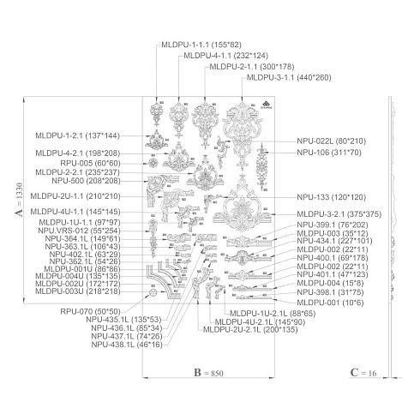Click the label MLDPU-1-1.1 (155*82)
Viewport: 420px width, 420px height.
click(x=201, y=45)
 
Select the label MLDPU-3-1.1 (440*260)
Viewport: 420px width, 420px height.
click(x=289, y=77)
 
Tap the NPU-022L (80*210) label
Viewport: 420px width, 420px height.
click(x=331, y=141)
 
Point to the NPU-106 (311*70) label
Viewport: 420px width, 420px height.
click(x=329, y=153)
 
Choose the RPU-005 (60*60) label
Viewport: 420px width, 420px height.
click(x=90, y=164)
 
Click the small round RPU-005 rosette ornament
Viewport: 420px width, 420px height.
click(x=153, y=163)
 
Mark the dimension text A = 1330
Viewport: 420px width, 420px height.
click(x=19, y=200)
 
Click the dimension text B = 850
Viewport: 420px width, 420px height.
click(x=208, y=373)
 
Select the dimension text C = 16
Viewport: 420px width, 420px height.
click(x=363, y=373)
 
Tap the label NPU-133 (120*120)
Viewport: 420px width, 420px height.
click(x=331, y=197)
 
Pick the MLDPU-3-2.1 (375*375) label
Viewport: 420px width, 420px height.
click(x=339, y=214)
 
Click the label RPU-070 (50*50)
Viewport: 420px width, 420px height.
click(x=90, y=311)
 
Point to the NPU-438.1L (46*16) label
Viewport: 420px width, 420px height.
click(x=127, y=345)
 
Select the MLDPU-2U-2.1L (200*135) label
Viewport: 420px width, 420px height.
click(x=250, y=330)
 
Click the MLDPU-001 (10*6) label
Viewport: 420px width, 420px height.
click(x=330, y=303)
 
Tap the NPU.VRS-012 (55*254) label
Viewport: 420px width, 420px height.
click(x=79, y=231)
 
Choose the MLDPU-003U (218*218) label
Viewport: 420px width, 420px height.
click(x=78, y=291)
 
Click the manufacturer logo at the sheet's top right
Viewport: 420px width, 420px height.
click(x=266, y=105)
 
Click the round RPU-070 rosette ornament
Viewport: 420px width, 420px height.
click(x=153, y=293)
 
